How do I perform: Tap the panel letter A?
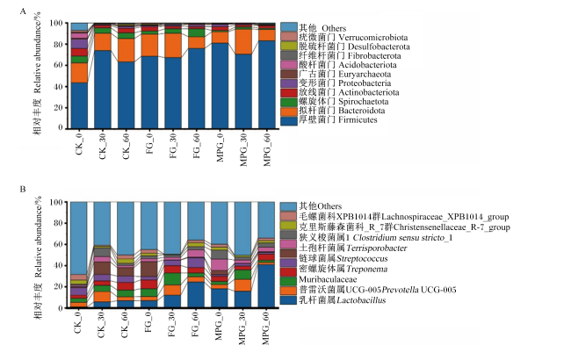click(23, 11)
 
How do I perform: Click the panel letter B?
click(23, 190)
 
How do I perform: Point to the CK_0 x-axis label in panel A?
click(79, 145)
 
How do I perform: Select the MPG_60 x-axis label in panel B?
click(266, 328)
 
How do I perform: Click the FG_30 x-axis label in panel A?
click(173, 146)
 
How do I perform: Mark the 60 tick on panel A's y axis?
click(56, 65)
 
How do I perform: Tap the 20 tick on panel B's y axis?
click(56, 287)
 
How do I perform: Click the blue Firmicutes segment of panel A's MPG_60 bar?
click(267, 84)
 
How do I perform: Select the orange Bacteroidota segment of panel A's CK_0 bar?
click(79, 73)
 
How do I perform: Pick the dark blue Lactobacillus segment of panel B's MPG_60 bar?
click(266, 286)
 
